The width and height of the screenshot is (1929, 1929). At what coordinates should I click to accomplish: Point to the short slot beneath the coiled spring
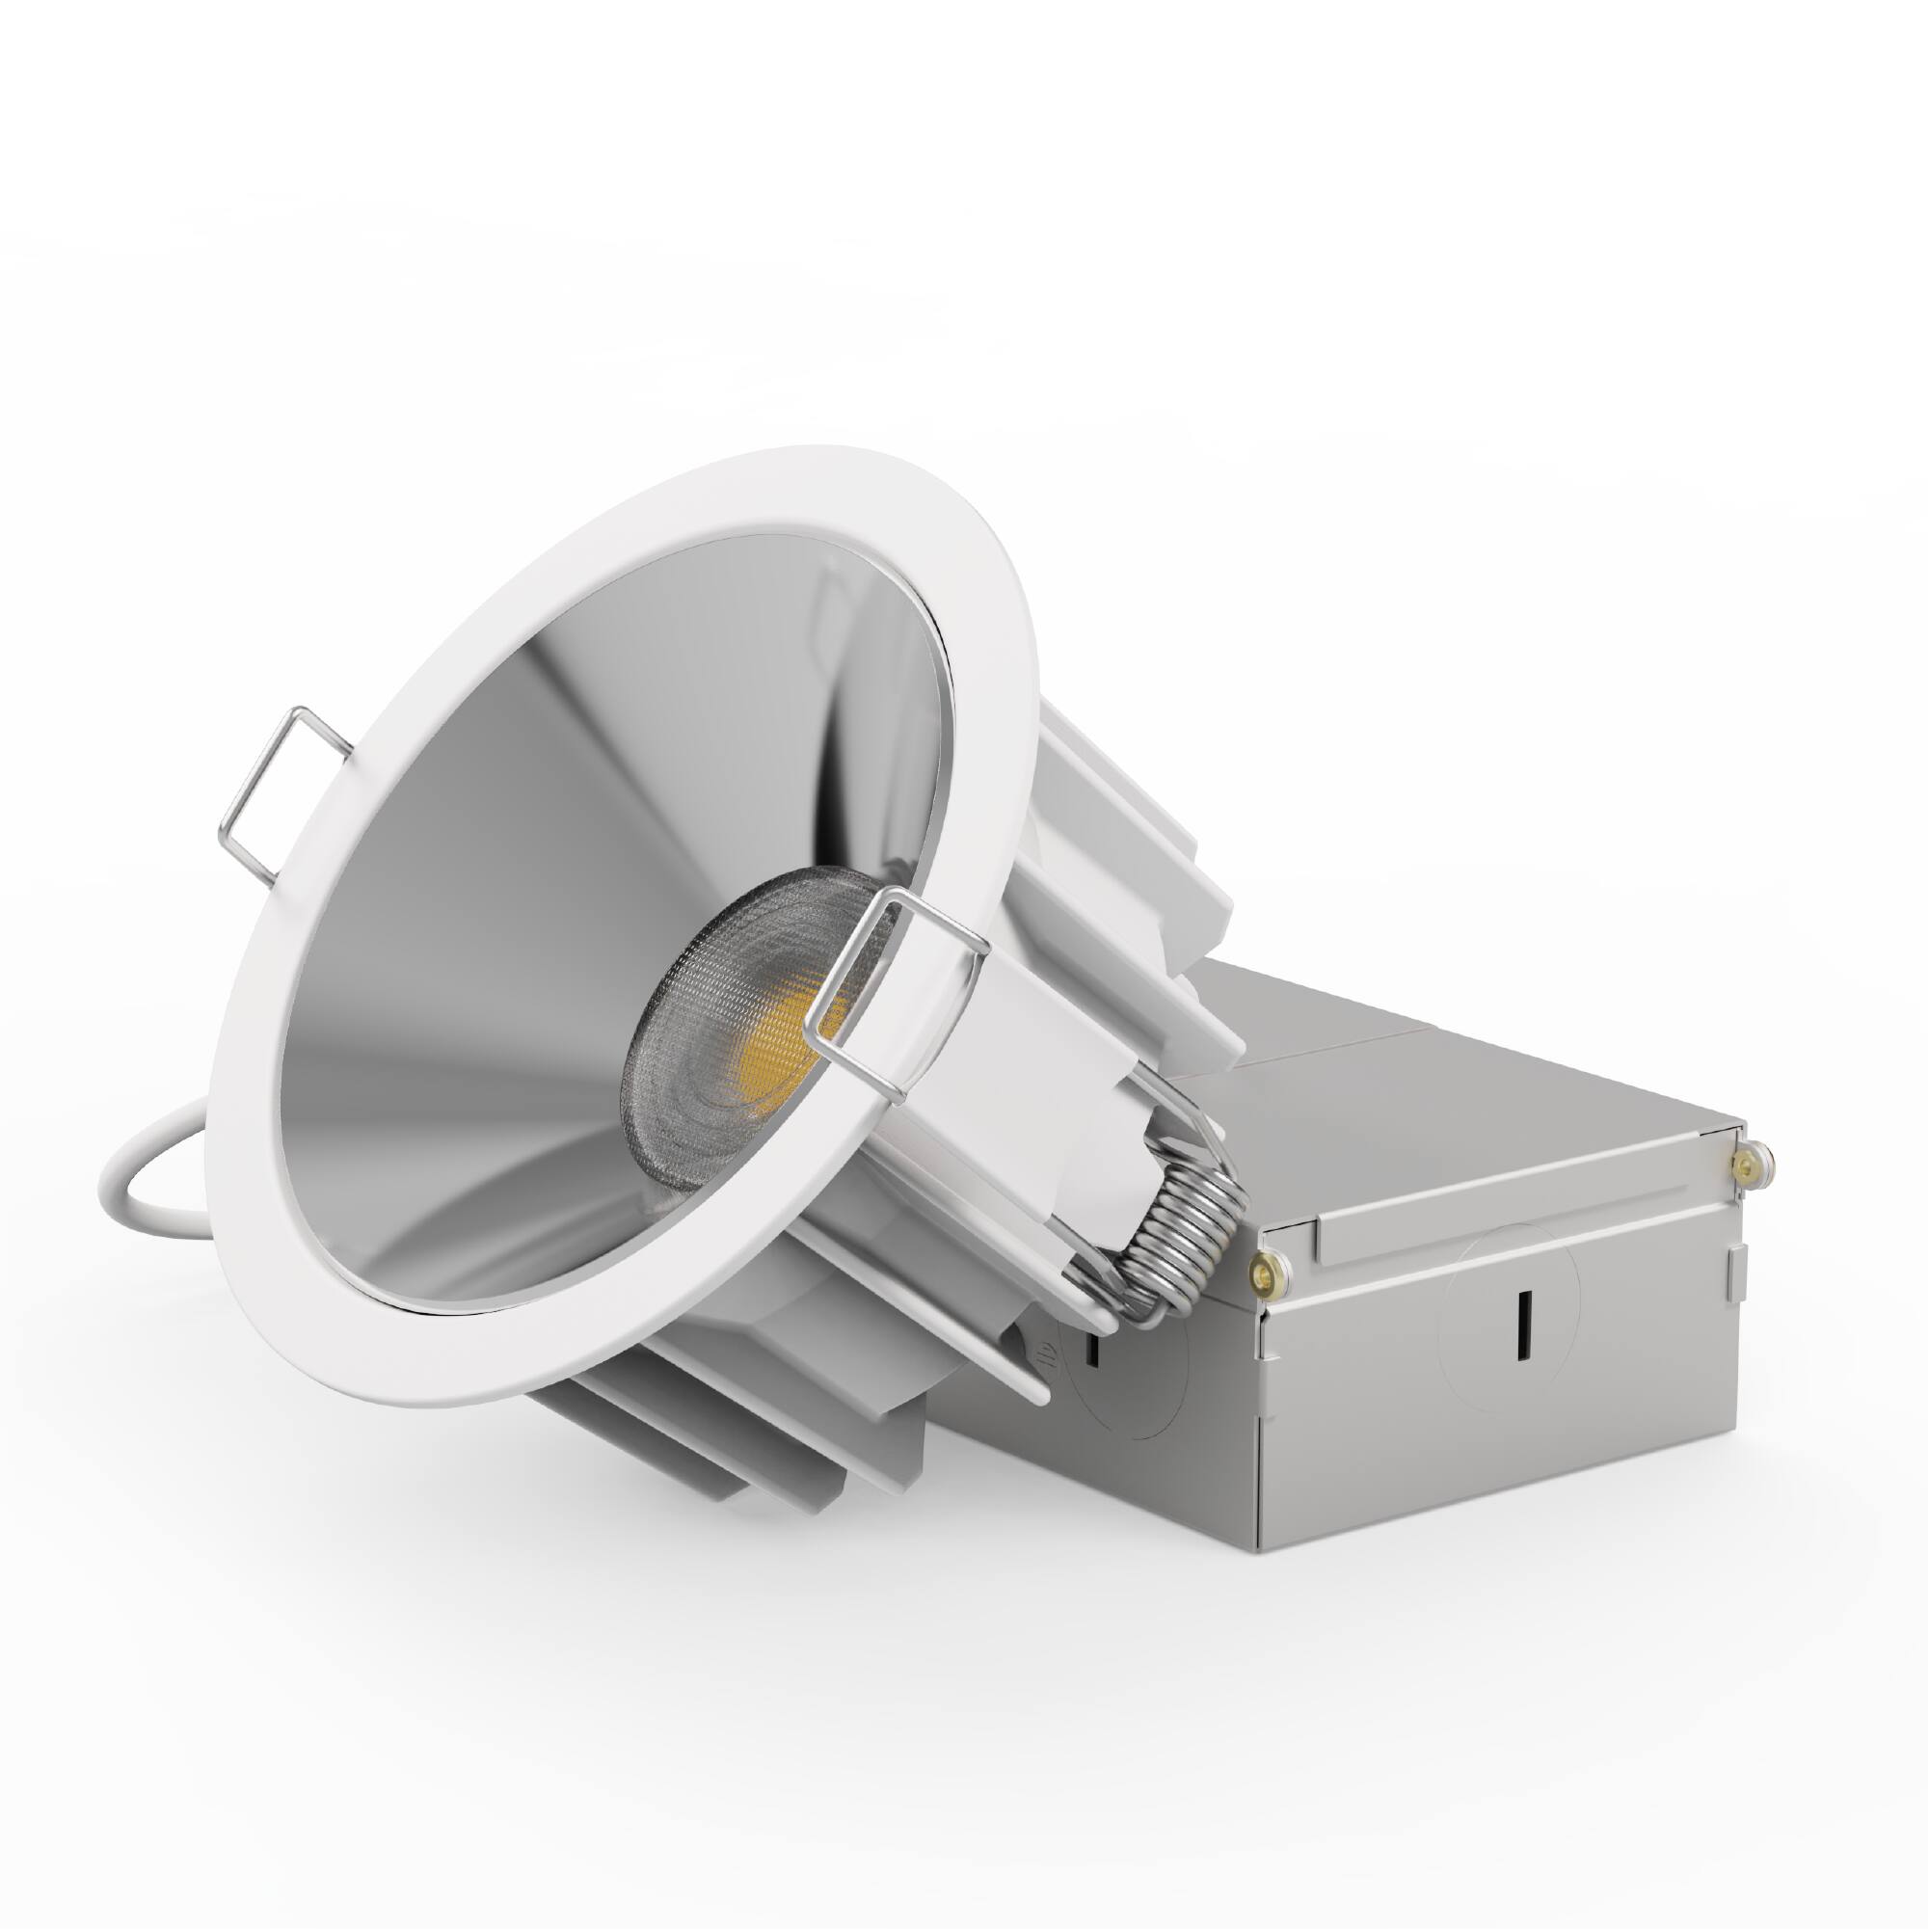click(x=1093, y=1348)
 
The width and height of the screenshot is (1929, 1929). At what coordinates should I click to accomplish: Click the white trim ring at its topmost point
click(x=799, y=454)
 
